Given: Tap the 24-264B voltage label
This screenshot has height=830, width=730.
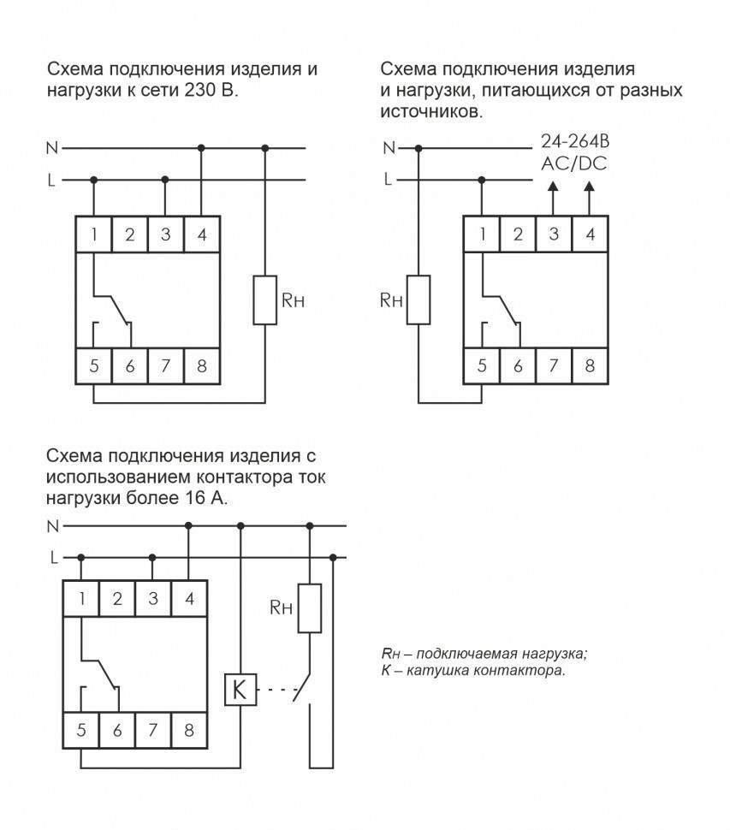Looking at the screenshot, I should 574,141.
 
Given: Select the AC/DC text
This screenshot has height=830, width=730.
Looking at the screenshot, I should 573,163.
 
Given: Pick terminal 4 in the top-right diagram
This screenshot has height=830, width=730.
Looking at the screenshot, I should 590,234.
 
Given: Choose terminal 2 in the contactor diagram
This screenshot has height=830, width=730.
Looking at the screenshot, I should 117,599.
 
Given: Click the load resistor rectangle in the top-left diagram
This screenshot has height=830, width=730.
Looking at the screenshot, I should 265,299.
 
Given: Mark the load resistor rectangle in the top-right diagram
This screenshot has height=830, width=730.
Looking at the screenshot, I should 418,299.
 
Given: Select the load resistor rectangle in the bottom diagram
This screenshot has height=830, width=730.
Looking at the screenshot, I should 310,608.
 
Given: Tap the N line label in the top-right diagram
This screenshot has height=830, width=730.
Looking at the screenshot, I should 389,148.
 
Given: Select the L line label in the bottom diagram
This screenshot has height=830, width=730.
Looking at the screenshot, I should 53,557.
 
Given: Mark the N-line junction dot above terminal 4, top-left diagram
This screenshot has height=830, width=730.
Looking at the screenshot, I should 201,148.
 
